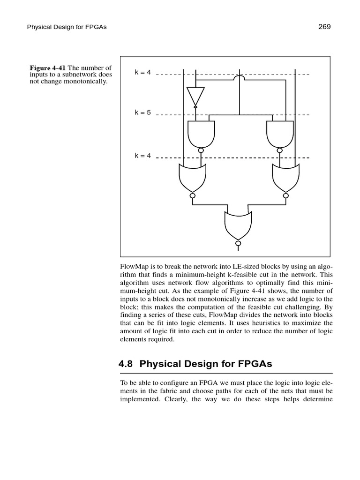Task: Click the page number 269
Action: (x=324, y=27)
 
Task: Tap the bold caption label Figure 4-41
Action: (x=47, y=68)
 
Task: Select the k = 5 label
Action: (x=143, y=112)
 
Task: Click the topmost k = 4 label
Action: (x=143, y=73)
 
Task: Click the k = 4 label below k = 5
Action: (x=143, y=156)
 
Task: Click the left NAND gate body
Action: (x=201, y=133)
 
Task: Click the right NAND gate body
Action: (x=280, y=133)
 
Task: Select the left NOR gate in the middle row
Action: (x=192, y=177)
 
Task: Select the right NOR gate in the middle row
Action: (x=285, y=177)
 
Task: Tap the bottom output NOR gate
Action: (x=238, y=224)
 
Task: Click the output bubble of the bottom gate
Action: (x=238, y=244)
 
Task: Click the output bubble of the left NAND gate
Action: (x=201, y=150)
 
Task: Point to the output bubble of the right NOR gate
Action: (x=285, y=195)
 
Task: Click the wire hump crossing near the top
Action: (x=240, y=76)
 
